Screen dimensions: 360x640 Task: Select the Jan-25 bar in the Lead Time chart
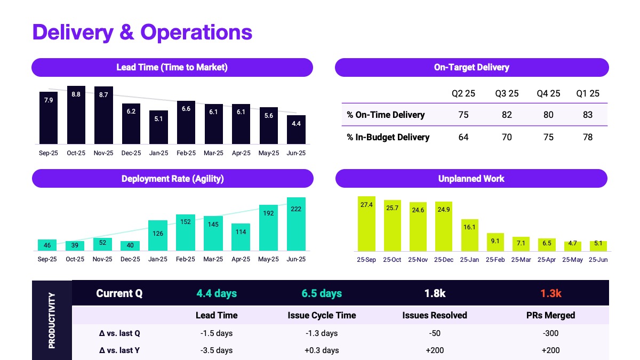tap(159, 127)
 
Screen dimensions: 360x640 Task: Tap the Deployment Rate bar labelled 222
tap(296, 224)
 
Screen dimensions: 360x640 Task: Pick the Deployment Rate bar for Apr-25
tap(241, 237)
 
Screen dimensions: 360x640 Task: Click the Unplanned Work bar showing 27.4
tap(366, 224)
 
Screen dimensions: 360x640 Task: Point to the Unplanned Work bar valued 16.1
tap(469, 235)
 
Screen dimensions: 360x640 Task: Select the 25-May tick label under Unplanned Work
tap(572, 260)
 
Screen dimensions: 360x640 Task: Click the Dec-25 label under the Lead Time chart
tap(131, 153)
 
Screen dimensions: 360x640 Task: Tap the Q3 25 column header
tap(507, 93)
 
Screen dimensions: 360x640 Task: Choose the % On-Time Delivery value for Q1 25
tap(588, 115)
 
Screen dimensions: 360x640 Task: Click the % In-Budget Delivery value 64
tap(463, 137)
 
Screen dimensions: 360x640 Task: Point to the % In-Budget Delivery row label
tap(388, 137)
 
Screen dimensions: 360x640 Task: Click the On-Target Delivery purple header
tap(471, 67)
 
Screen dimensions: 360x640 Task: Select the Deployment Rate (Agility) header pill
tap(172, 179)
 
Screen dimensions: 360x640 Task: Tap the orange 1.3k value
tap(550, 293)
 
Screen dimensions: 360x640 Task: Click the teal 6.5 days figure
tap(322, 293)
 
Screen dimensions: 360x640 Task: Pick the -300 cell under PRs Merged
tap(550, 333)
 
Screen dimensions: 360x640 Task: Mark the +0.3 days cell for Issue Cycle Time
tap(322, 350)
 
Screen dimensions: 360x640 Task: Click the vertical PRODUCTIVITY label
tap(52, 320)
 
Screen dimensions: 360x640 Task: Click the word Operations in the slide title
tap(196, 32)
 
